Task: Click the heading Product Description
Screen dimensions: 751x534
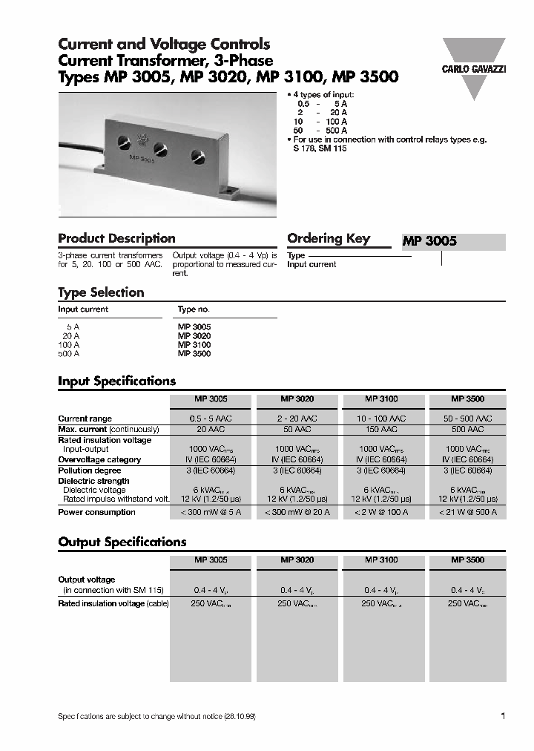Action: point(116,238)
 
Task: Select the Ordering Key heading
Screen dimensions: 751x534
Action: point(328,238)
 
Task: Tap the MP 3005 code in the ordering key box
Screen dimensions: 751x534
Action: point(429,241)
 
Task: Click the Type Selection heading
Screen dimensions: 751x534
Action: point(101,292)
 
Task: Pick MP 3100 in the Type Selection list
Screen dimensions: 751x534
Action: point(194,345)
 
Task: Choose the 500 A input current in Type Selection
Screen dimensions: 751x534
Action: point(68,354)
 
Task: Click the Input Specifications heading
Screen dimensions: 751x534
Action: point(116,381)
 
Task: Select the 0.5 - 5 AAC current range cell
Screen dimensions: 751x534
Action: point(211,419)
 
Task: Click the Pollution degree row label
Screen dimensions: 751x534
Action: point(90,470)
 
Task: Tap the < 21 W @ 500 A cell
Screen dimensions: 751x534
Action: point(467,512)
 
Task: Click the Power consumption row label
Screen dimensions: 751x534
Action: point(96,512)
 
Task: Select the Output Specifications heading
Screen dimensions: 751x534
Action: point(122,542)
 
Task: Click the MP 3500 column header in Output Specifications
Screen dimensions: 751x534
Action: point(467,560)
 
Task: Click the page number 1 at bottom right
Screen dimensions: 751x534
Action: point(503,716)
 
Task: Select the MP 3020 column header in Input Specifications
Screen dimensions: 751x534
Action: point(297,399)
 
